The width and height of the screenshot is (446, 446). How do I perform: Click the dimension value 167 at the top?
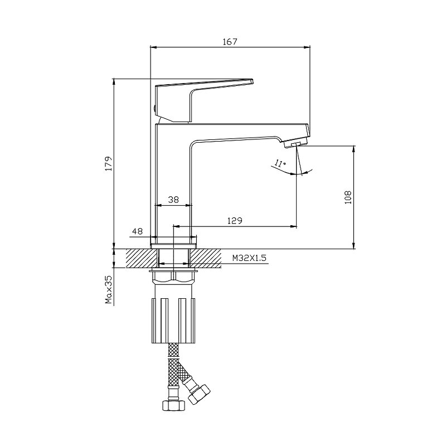[230, 41]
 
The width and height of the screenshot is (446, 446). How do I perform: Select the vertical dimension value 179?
[109, 163]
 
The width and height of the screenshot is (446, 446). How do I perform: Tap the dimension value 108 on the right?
[347, 197]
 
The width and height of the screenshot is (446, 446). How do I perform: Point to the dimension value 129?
[235, 220]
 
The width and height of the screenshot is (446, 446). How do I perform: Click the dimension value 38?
[173, 200]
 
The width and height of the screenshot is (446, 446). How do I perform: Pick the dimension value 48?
[137, 231]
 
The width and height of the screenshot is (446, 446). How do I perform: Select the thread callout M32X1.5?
[249, 258]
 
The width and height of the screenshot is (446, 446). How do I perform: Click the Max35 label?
[109, 289]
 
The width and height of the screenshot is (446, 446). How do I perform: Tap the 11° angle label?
[280, 163]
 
